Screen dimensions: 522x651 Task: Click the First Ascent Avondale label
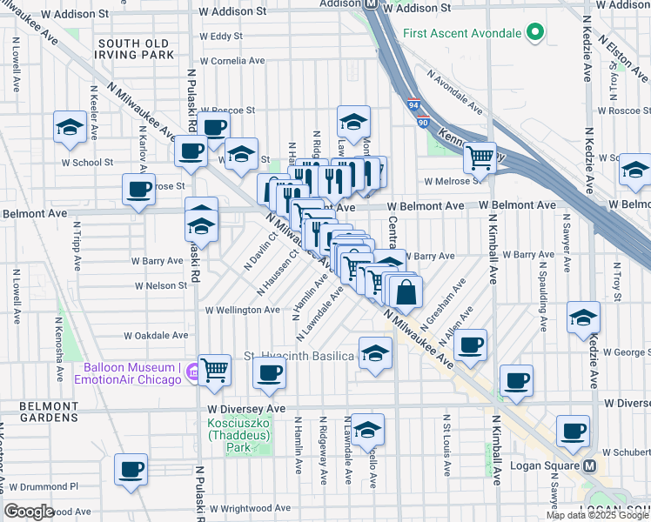(462, 34)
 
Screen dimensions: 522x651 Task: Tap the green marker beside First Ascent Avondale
(535, 34)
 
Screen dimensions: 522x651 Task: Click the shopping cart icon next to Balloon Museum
(214, 371)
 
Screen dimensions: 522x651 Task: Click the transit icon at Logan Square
(589, 465)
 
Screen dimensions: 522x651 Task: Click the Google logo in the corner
(29, 512)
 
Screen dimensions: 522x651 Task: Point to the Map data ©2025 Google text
(597, 515)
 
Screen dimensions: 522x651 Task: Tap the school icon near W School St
(69, 128)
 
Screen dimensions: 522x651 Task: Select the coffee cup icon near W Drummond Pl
(131, 470)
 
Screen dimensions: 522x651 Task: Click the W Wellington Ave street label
(242, 310)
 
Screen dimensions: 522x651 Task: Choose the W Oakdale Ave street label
(156, 335)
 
